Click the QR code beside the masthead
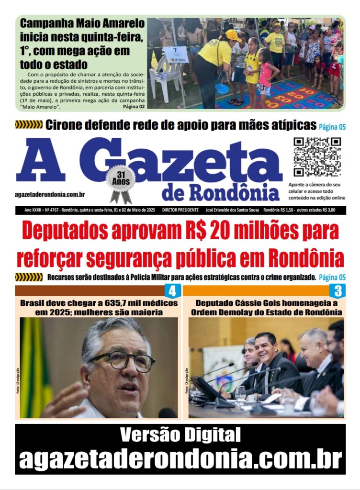click(317, 157)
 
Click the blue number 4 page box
click(172, 291)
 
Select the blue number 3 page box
click(337, 291)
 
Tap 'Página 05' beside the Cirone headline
click(332, 127)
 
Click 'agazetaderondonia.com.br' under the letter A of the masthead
click(50, 194)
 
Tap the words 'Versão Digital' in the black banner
click(180, 435)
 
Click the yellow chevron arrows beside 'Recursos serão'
click(29, 277)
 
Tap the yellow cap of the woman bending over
click(233, 35)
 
